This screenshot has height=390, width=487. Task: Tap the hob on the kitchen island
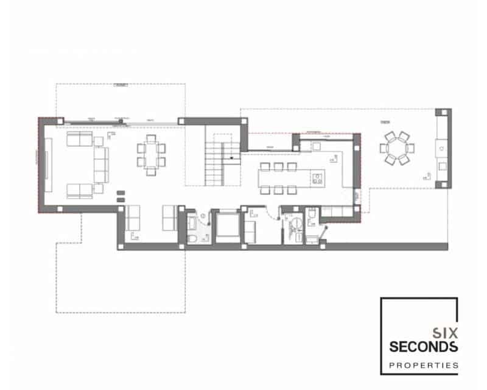pyautogui.click(x=317, y=178)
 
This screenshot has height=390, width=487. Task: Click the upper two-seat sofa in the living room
pyautogui.click(x=79, y=140)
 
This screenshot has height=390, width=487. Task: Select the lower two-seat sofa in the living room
pyautogui.click(x=79, y=191)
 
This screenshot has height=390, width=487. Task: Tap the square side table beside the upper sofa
pyautogui.click(x=97, y=140)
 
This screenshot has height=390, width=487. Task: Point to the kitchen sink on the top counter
pyautogui.click(x=317, y=146)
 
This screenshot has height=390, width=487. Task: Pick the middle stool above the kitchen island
pyautogui.click(x=278, y=166)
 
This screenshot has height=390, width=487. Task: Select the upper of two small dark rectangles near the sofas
pyautogui.click(x=120, y=193)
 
